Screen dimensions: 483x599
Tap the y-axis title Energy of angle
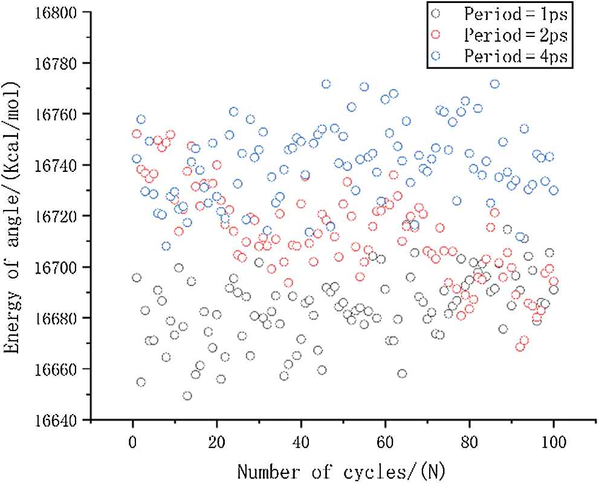[13, 216]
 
